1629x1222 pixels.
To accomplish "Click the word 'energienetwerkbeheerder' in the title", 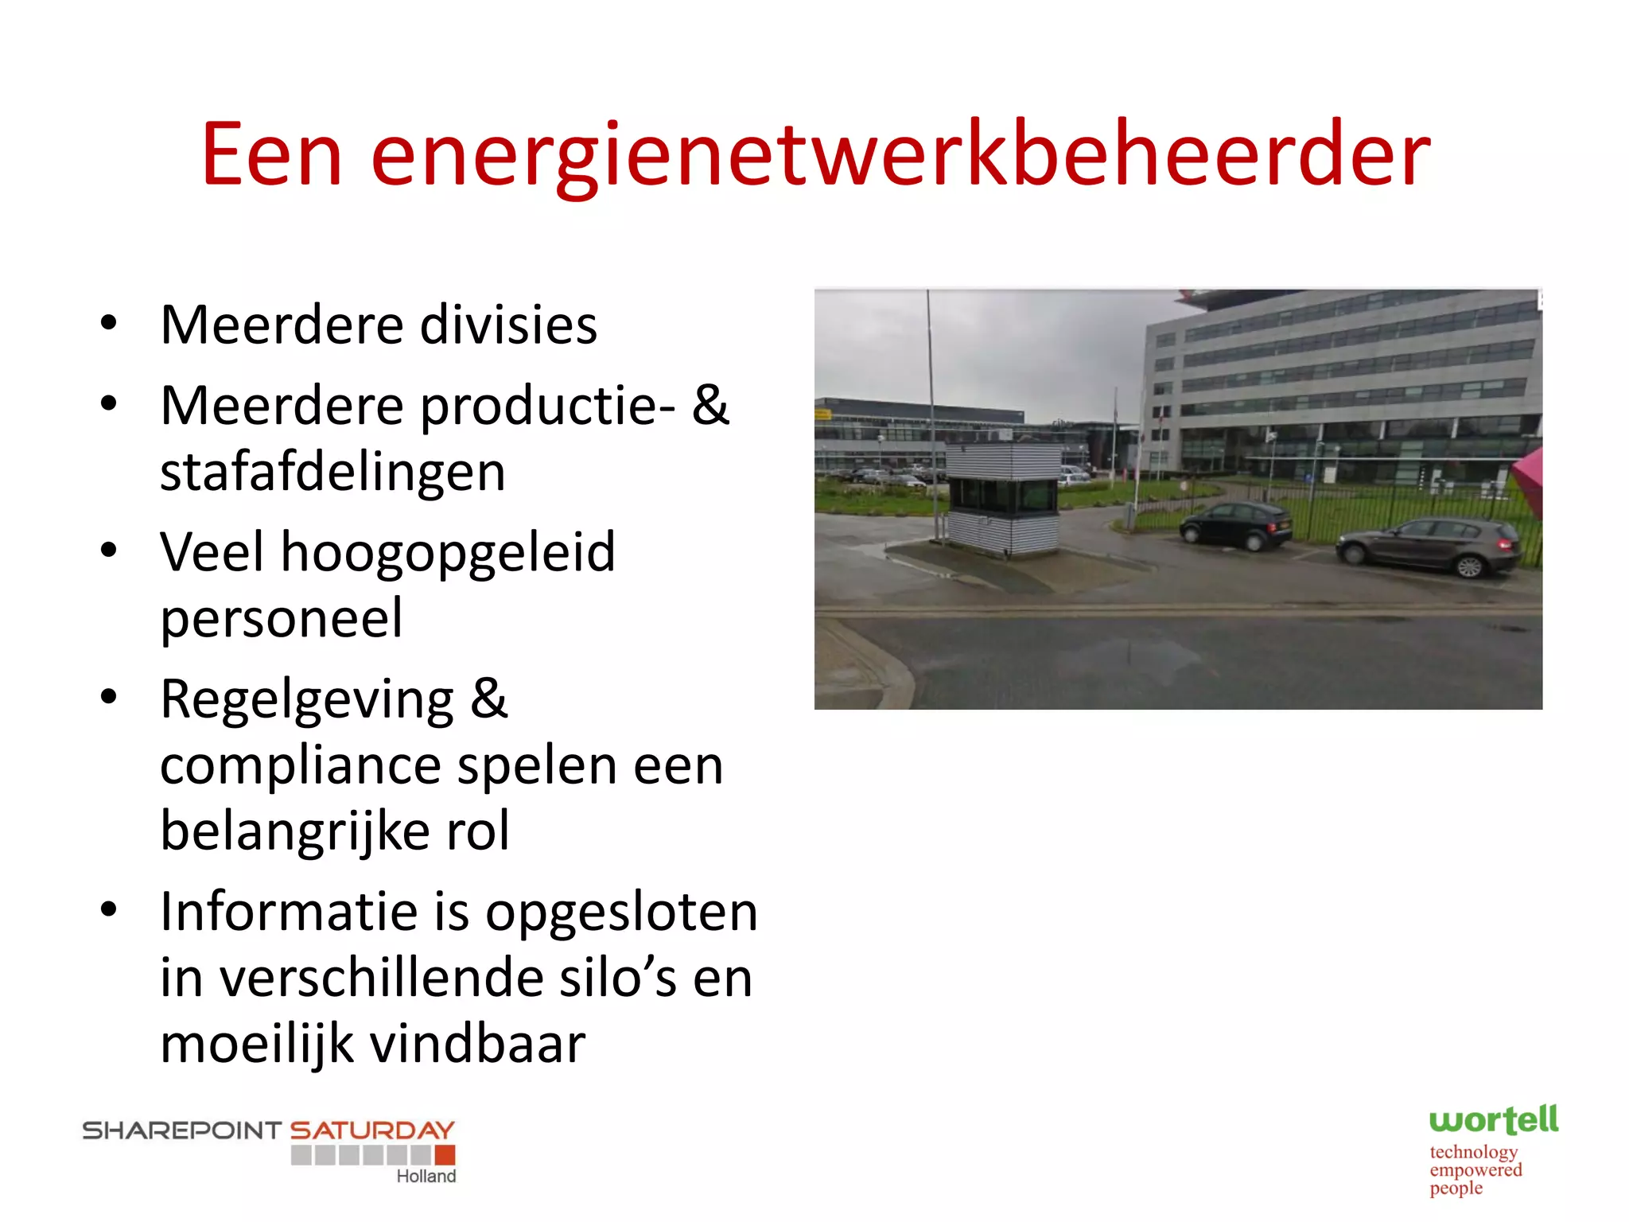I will tap(900, 155).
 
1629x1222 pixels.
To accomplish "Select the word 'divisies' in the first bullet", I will tap(508, 325).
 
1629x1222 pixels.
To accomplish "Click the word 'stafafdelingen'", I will tap(332, 473).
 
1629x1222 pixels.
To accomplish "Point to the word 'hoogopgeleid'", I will tap(448, 552).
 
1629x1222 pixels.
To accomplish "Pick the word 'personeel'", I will tap(282, 618).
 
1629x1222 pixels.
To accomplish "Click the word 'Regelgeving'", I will tap(307, 700).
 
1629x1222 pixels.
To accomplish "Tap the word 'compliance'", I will tap(301, 766).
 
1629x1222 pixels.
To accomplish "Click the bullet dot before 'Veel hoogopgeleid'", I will tap(109, 551).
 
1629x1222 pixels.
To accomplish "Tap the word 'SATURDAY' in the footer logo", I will tap(372, 1131).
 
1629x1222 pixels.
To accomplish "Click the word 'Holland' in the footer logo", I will tap(426, 1176).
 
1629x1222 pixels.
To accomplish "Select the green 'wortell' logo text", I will tap(1493, 1120).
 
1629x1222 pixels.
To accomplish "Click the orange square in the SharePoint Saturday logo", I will tap(445, 1154).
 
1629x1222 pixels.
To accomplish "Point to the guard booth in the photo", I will tap(1004, 498).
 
